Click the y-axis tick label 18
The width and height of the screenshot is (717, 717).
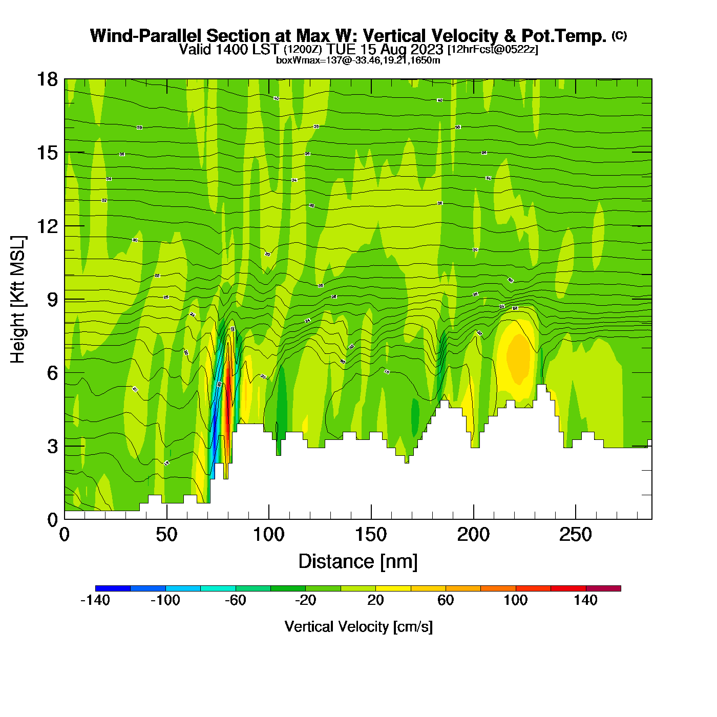point(46,79)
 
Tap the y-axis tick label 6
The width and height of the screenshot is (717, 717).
point(52,373)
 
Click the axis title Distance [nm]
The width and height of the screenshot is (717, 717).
point(358,561)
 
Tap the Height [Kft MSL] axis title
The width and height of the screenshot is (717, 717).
point(18,300)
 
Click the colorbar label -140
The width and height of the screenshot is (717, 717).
point(95,600)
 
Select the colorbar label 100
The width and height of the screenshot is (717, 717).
point(515,600)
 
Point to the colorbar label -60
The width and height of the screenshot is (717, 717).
point(236,600)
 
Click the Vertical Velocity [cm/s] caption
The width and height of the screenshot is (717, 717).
point(358,626)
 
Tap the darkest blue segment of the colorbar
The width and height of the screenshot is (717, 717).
point(113,588)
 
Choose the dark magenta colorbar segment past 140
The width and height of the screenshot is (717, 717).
point(603,588)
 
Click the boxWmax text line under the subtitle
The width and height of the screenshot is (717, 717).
point(358,60)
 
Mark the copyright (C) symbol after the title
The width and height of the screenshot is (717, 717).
point(619,35)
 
